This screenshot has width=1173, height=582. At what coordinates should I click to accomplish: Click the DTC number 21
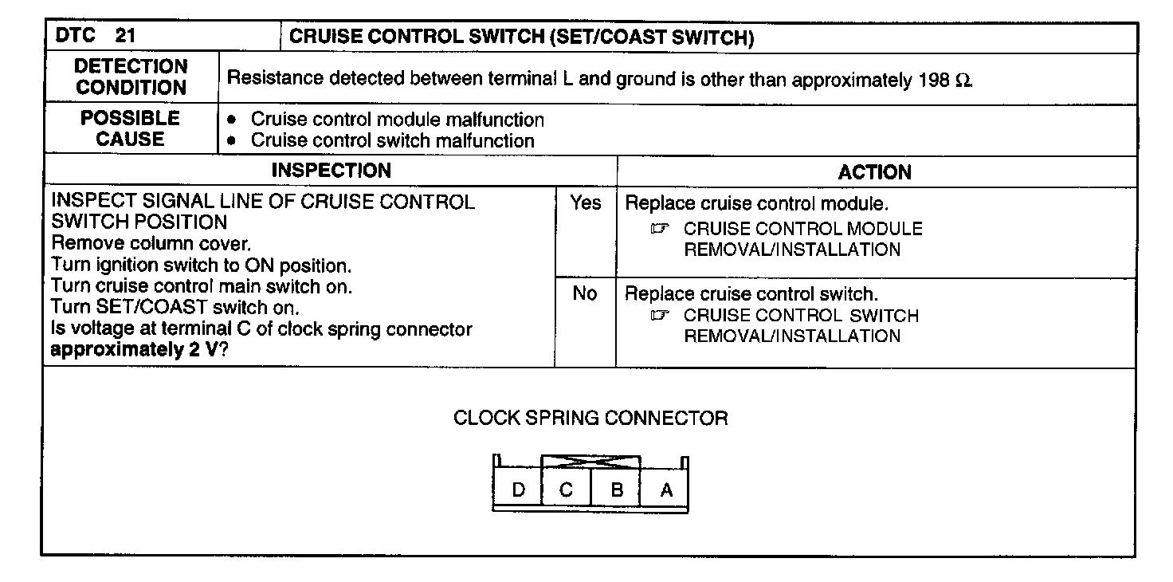[125, 37]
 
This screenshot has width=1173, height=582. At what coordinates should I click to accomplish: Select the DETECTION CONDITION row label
[131, 77]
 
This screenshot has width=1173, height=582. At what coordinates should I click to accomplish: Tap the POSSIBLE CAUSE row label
[131, 129]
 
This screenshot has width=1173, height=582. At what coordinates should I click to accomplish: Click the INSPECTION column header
[331, 171]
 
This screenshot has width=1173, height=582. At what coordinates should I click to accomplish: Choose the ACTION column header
[874, 172]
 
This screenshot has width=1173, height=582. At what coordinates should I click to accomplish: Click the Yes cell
[585, 203]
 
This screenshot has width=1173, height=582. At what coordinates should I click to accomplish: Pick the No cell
[585, 294]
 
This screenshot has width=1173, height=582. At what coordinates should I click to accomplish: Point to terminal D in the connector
[519, 490]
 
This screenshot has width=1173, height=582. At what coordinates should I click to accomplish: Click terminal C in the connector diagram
[566, 490]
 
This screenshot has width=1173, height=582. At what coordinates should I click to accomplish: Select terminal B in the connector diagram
[616, 490]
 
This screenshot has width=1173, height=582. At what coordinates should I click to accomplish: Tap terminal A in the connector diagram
[666, 490]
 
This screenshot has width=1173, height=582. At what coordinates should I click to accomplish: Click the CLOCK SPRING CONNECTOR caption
[590, 418]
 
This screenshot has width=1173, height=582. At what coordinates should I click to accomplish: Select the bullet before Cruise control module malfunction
[232, 121]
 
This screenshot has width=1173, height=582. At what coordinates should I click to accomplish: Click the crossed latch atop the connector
[590, 462]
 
